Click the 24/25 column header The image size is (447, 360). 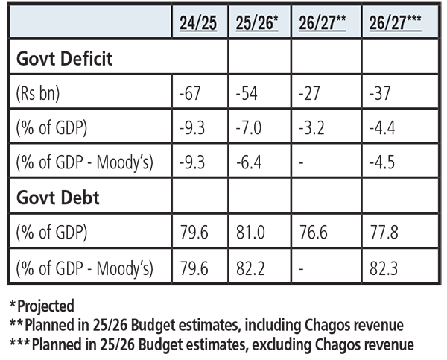pyautogui.click(x=198, y=22)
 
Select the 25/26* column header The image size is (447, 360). pyautogui.click(x=257, y=22)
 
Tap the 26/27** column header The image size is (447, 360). pyautogui.click(x=323, y=22)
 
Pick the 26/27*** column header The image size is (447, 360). pyautogui.click(x=395, y=22)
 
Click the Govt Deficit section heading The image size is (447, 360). pyautogui.click(x=64, y=58)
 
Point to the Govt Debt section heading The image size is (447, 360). pyautogui.click(x=58, y=198)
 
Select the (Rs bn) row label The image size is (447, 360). pyautogui.click(x=38, y=93)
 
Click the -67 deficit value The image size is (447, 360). pyautogui.click(x=190, y=93)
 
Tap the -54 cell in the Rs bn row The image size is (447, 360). pyautogui.click(x=247, y=93)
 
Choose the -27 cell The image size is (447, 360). pyautogui.click(x=309, y=93)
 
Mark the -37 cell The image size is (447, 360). pyautogui.click(x=380, y=93)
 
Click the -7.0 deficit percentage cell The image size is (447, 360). pyautogui.click(x=249, y=127)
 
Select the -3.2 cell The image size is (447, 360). pyautogui.click(x=311, y=127)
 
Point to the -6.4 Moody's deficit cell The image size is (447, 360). pyautogui.click(x=249, y=162)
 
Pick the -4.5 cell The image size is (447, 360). pyautogui.click(x=382, y=162)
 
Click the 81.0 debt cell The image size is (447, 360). pyautogui.click(x=250, y=232)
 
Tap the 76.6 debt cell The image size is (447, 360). pyautogui.click(x=314, y=232)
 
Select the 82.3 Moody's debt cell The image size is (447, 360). pyautogui.click(x=384, y=268)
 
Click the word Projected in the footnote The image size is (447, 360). pyautogui.click(x=46, y=306)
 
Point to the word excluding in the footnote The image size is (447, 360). pyautogui.click(x=282, y=344)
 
